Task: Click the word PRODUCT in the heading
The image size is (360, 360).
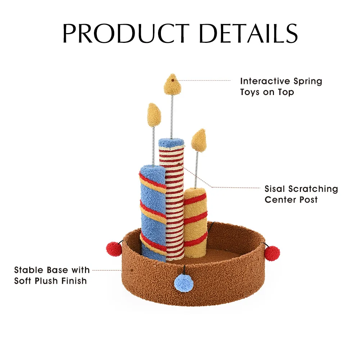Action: point(126,33)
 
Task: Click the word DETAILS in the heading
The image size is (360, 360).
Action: point(248,33)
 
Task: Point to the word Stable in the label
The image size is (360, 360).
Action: point(30,270)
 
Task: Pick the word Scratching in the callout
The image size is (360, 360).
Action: point(313,189)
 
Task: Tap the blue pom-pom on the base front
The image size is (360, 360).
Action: point(184,283)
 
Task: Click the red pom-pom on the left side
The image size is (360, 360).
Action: point(114,249)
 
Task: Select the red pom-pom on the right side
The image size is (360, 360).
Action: point(272,253)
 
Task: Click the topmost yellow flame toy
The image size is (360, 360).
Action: point(172,84)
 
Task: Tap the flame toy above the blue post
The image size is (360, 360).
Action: point(154,115)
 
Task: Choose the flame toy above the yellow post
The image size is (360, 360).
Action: point(199,140)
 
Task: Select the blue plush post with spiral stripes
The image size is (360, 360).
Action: point(153,213)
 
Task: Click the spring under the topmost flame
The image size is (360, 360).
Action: point(171,117)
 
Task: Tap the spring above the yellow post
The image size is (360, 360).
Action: point(196,170)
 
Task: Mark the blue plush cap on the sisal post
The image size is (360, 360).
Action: point(171,143)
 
